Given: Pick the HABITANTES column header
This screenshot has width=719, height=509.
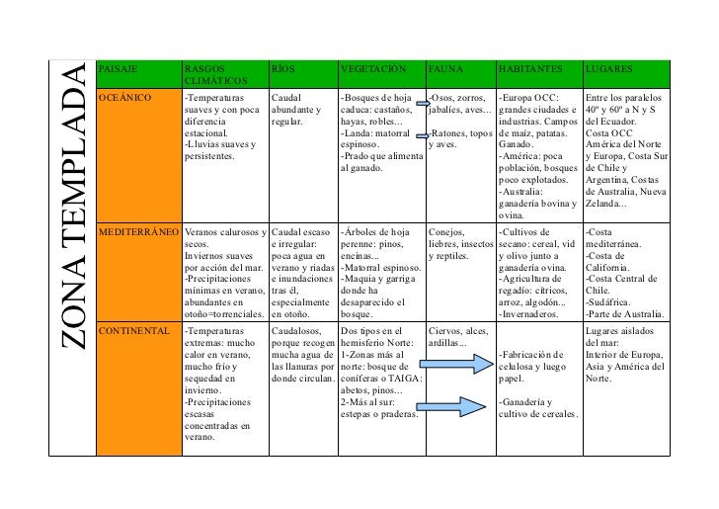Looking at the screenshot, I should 530,70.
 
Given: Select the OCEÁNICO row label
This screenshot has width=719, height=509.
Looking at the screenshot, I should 125,99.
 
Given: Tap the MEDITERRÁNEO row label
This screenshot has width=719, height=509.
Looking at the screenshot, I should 139,232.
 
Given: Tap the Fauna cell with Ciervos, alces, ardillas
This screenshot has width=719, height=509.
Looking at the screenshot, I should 459,336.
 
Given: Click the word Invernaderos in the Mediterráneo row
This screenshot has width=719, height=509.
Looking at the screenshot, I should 535,314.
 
